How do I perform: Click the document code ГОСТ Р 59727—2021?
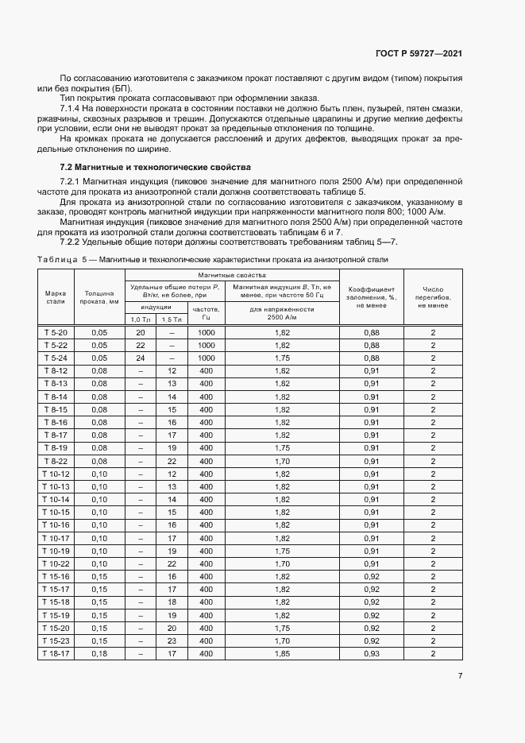420,53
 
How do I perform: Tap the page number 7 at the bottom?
461,676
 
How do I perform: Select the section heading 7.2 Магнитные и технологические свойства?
156,168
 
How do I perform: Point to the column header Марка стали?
56,297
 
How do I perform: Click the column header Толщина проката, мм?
99,297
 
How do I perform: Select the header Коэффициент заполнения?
371,297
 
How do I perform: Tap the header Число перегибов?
433,297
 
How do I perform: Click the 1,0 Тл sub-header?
141,319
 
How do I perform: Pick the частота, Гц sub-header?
206,311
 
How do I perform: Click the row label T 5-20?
56,332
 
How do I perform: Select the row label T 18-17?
56,653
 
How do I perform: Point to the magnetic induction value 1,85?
282,653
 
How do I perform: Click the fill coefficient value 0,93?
371,653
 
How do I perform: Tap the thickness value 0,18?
99,653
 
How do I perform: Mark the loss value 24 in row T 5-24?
141,358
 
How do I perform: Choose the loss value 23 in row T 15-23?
172,640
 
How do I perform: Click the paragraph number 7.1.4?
71,107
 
